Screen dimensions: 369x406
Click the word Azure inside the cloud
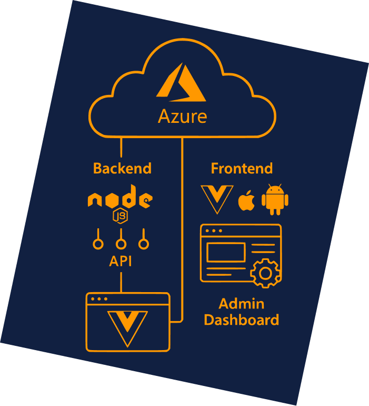(182, 116)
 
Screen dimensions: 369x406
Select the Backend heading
(122, 168)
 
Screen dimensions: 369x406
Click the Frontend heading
(242, 168)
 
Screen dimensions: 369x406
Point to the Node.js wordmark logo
(120, 197)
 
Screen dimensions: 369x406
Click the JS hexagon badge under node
(120, 216)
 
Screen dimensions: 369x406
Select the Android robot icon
(275, 199)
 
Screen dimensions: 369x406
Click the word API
(121, 261)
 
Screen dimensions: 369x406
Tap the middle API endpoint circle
(121, 244)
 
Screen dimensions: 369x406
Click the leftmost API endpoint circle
(98, 244)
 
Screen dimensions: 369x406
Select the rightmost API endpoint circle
(144, 244)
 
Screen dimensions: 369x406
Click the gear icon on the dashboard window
(266, 273)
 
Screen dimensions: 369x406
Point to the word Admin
(242, 304)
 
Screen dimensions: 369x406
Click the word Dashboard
(242, 320)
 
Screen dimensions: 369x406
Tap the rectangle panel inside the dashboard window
(226, 252)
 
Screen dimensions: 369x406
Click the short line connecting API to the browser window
(121, 282)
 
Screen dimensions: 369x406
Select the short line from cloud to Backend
(121, 147)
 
